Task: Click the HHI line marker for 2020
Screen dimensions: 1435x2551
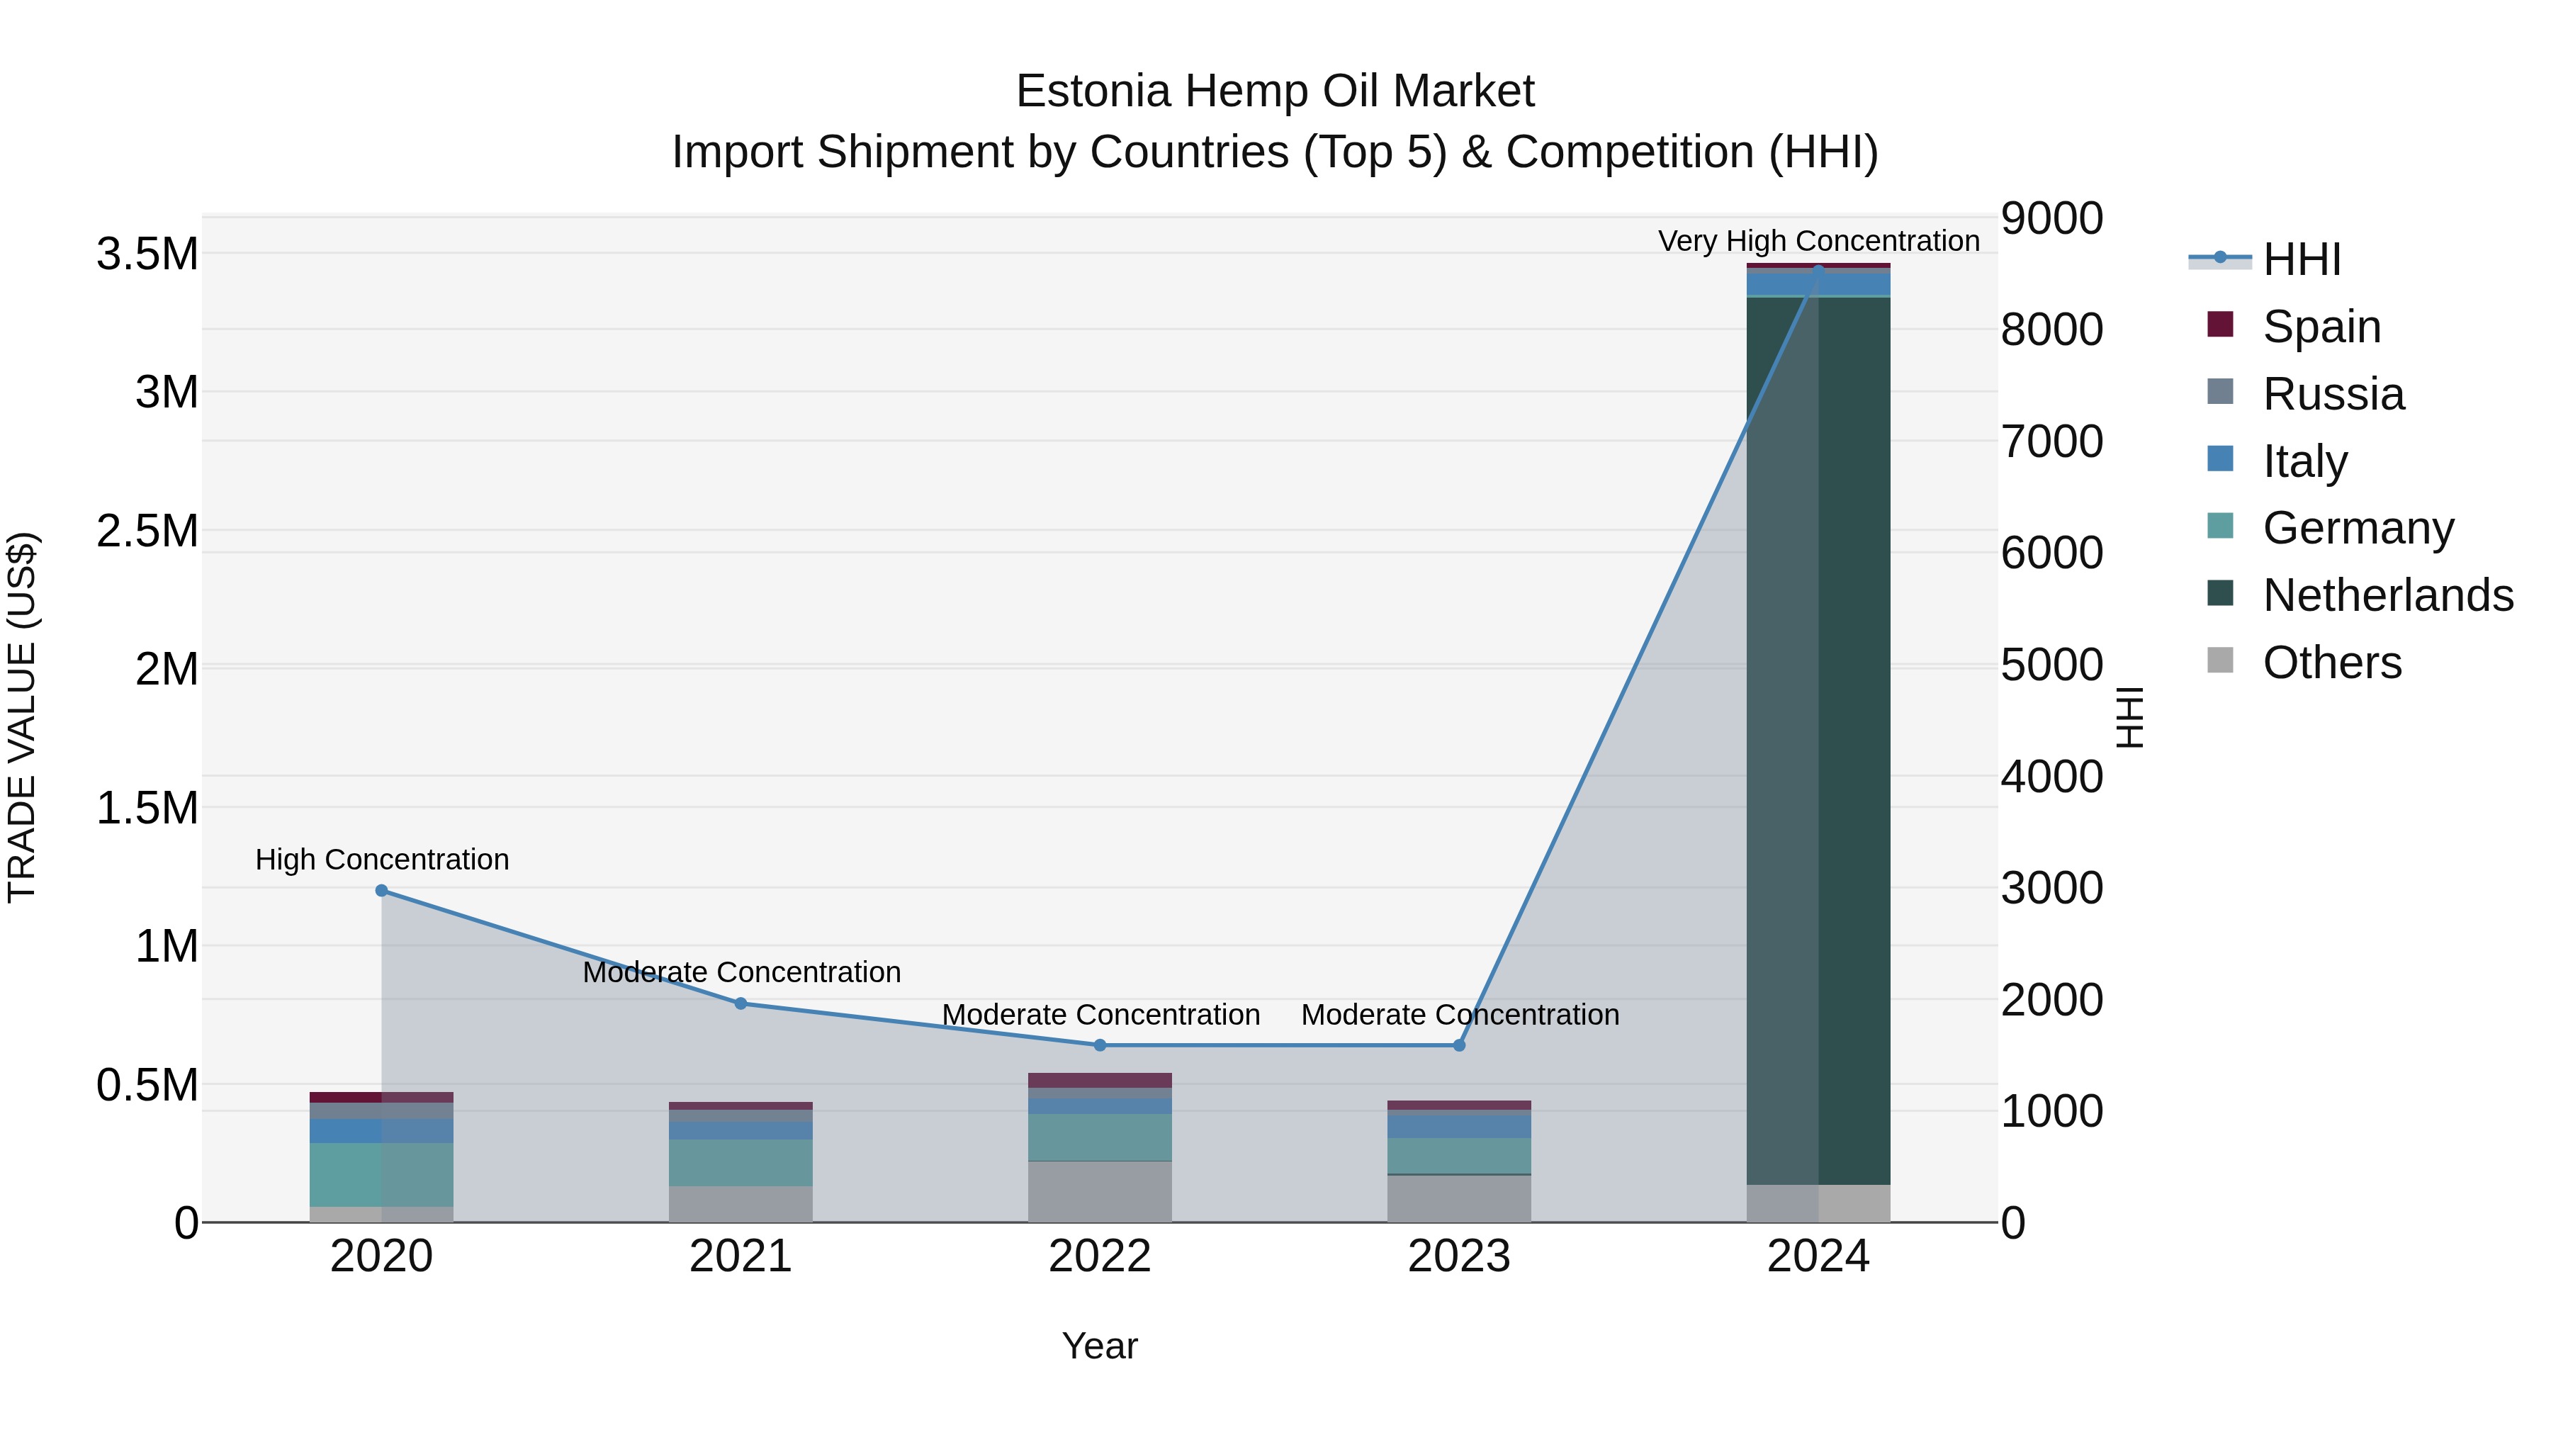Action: tap(381, 890)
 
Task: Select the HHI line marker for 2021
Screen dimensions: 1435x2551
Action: tap(740, 1003)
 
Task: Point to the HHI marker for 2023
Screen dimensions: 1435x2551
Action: tap(1459, 1045)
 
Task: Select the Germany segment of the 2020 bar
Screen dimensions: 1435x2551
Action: tap(381, 1174)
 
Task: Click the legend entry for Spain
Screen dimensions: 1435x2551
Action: tap(2320, 327)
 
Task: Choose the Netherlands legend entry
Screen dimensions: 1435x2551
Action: tap(2387, 595)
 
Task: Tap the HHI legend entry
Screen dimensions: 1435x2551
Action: tap(2300, 259)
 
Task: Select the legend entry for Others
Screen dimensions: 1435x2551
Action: tap(2331, 663)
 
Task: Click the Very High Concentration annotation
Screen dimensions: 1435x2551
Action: tap(1818, 241)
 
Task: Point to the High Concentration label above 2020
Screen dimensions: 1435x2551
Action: tap(382, 859)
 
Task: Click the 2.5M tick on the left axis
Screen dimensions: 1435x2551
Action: tap(147, 531)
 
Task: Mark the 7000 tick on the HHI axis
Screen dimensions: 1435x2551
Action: tap(2051, 441)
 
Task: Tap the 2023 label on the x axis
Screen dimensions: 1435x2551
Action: tap(1459, 1256)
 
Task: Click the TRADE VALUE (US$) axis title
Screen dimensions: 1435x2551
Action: tap(22, 717)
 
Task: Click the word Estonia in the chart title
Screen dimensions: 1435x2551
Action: tap(1092, 91)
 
